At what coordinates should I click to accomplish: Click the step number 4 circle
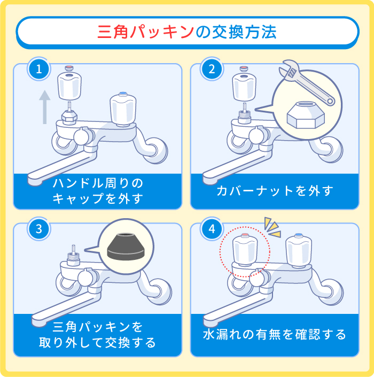point(212,229)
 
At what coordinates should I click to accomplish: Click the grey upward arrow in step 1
point(45,107)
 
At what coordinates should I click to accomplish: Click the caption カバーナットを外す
point(275,190)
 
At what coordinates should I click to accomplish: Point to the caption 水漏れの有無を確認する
point(275,335)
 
